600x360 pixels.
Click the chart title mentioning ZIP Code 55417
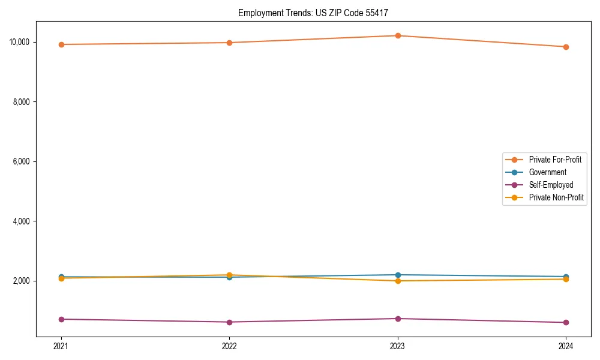[x=317, y=13]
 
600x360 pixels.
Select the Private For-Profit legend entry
[x=555, y=160]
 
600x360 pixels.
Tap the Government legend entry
[x=547, y=172]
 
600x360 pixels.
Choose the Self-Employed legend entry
[x=551, y=185]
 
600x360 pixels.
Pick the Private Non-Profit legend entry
[x=556, y=197]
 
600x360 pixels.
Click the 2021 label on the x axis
[x=61, y=346]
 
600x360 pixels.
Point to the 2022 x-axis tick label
[x=229, y=346]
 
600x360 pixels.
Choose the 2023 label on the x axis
[x=397, y=346]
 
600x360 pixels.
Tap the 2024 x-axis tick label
[x=566, y=346]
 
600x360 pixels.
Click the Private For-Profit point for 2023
[x=397, y=35]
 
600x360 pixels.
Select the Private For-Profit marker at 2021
[x=61, y=44]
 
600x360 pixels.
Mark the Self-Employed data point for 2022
[x=229, y=322]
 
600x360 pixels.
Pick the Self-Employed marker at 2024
[x=566, y=323]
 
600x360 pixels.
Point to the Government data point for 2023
[x=397, y=275]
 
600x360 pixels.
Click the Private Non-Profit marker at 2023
[x=397, y=281]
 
